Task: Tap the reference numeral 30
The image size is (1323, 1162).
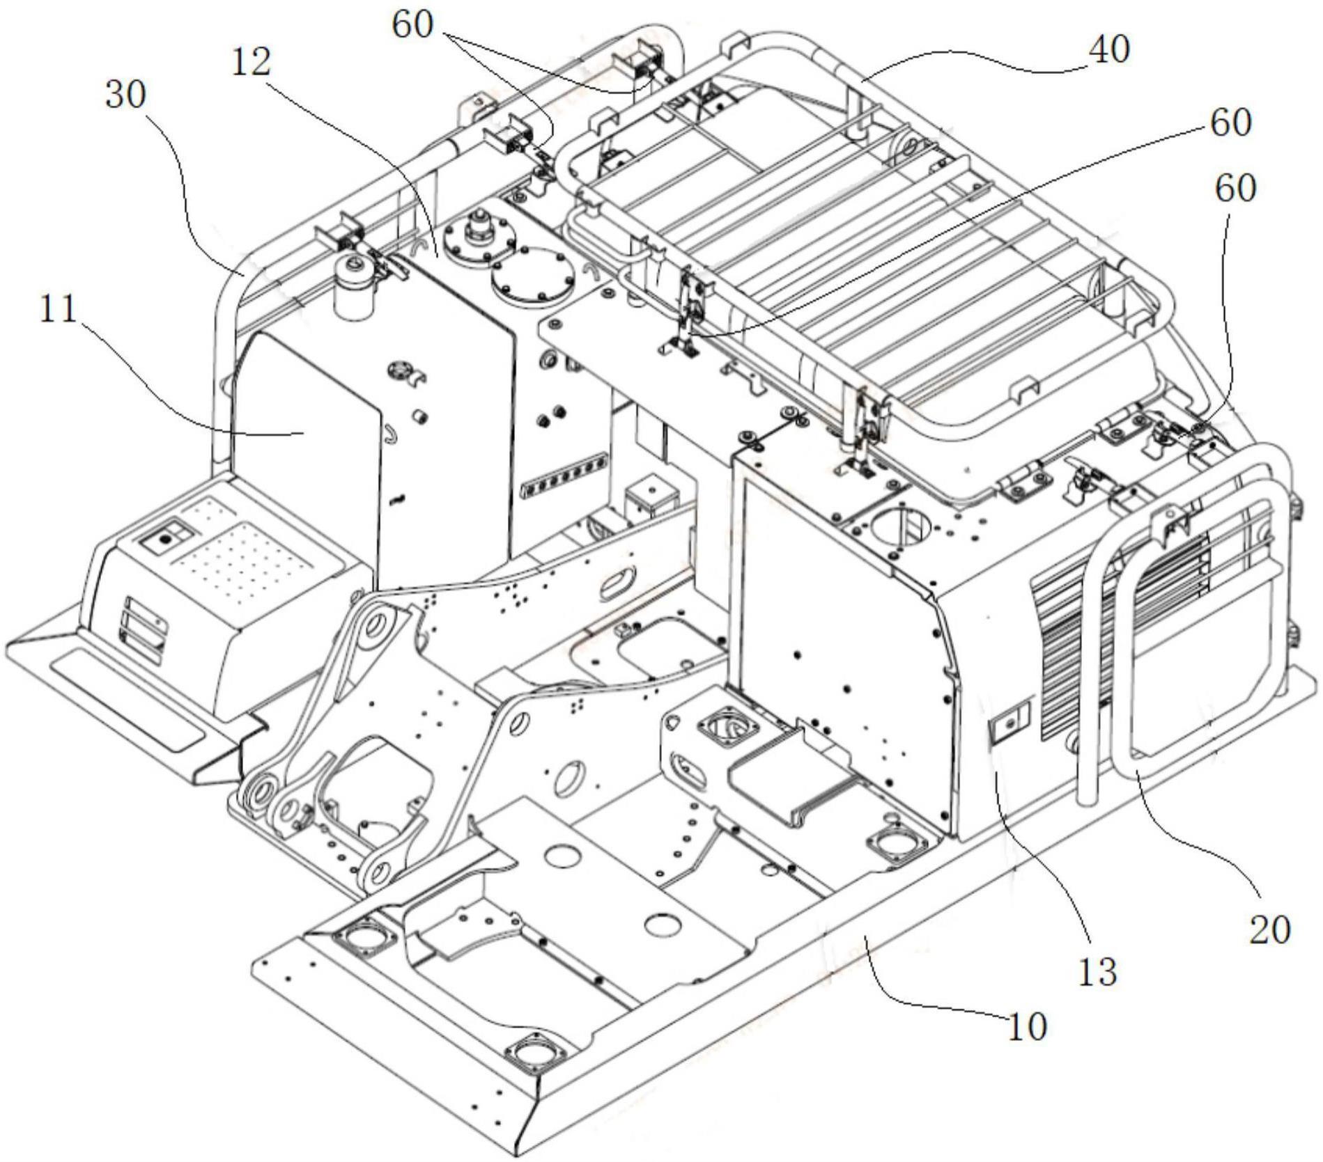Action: pos(126,96)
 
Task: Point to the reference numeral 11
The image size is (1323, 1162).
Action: pos(59,309)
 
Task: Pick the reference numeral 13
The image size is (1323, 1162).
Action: pos(1098,969)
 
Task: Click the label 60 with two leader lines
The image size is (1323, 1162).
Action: pos(412,26)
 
